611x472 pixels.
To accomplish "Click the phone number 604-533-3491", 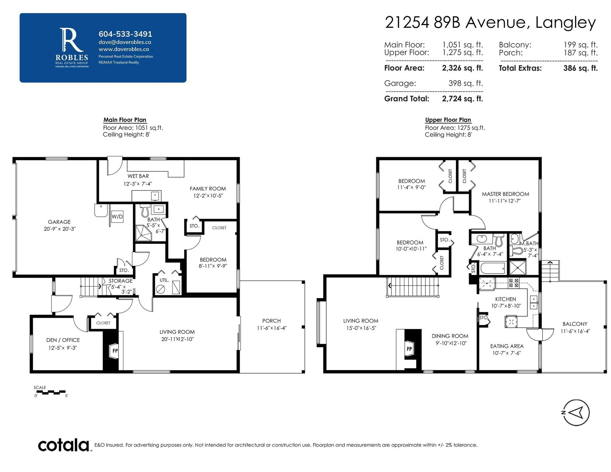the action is click(x=125, y=34).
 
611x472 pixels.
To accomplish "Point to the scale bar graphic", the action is click(x=51, y=392).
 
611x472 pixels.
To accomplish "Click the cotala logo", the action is click(x=63, y=446).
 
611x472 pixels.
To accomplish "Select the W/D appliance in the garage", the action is click(x=117, y=217).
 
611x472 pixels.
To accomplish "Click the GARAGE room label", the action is click(x=59, y=222).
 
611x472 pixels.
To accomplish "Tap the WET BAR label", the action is click(x=138, y=176).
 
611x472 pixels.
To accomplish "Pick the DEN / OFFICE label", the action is click(x=63, y=340).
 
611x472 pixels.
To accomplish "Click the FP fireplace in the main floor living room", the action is click(x=115, y=351).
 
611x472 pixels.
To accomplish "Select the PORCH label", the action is click(x=272, y=321).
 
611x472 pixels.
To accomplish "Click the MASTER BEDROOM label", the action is click(x=505, y=194).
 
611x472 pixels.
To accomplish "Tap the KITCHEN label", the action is click(x=506, y=299).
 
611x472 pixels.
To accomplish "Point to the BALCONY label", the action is click(x=575, y=324).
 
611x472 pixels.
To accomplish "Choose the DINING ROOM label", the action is click(x=450, y=336).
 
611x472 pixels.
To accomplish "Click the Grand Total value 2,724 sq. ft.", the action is click(x=462, y=98).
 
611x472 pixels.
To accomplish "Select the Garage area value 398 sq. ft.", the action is click(x=466, y=83).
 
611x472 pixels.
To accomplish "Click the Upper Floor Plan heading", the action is click(x=448, y=120).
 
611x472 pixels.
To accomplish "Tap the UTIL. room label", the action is click(x=164, y=280).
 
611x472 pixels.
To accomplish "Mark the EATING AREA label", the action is click(x=507, y=346).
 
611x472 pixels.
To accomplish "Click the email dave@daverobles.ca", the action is click(x=125, y=42).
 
